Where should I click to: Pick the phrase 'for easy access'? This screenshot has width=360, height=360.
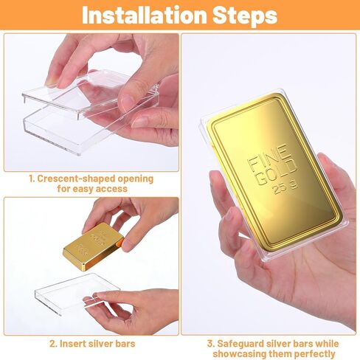tap(91, 189)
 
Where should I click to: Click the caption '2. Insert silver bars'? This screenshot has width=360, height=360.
tap(92, 343)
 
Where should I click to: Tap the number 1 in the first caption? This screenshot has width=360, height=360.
tap(32, 179)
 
